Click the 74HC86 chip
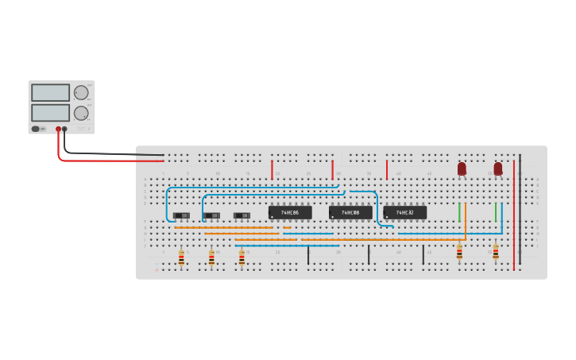coord(290,213)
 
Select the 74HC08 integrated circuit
coord(350,213)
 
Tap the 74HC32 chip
coord(405,213)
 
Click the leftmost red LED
coord(462,168)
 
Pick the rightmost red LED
coord(498,168)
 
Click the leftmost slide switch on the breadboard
coord(182,215)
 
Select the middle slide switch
coord(211,215)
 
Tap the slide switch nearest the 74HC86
coord(242,215)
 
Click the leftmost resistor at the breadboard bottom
coord(181,257)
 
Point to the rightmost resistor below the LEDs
coord(496,253)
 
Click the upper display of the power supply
coord(51,92)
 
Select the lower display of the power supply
coord(51,112)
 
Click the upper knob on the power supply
coord(81,92)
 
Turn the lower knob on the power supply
coord(81,112)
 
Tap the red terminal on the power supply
coord(58,129)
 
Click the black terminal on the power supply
coord(65,129)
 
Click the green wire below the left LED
coord(459,212)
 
